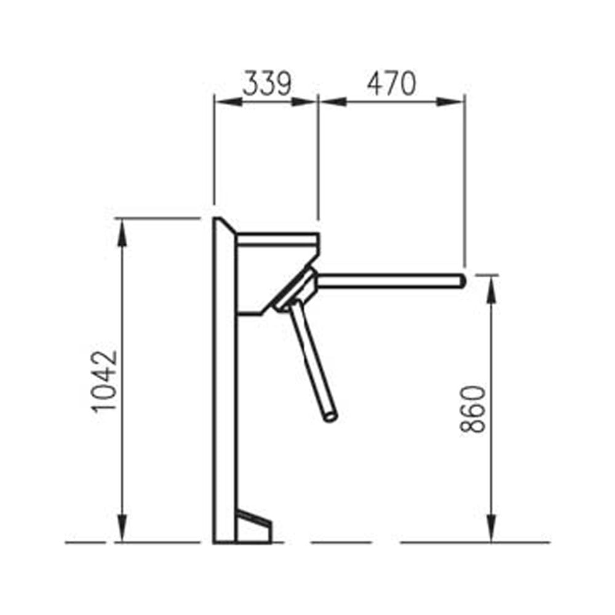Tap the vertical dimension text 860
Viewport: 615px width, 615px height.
(x=474, y=410)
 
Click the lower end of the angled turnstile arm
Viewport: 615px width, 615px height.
(x=331, y=416)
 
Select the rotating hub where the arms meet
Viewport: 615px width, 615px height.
(x=300, y=288)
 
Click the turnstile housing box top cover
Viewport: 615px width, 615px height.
(x=277, y=239)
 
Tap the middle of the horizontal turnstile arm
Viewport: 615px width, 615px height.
(x=387, y=281)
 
